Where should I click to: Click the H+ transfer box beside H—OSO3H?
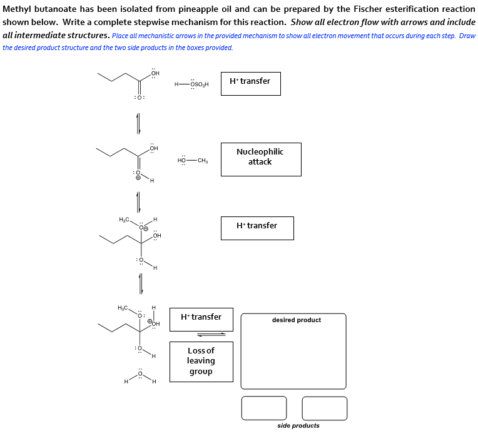coord(250,83)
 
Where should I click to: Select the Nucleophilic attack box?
coord(260,159)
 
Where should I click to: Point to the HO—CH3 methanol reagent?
coord(192,161)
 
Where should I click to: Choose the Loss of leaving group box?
coord(201,361)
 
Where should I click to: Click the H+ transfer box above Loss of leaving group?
coord(201,319)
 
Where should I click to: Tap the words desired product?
coord(296,320)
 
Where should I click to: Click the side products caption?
coord(298,426)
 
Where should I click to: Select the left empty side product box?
coord(264,408)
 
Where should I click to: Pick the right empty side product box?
coord(324,408)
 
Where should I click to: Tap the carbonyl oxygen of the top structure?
coord(140,98)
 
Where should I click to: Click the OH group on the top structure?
coord(155,74)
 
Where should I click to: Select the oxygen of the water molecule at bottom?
coord(141,373)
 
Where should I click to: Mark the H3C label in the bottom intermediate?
coord(123,308)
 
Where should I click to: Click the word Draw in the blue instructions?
coord(467,36)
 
